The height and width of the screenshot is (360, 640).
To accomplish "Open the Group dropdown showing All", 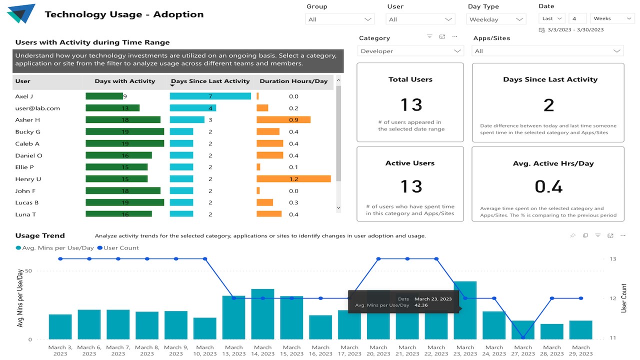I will (x=339, y=19).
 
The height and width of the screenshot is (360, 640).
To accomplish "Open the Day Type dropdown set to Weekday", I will (x=496, y=19).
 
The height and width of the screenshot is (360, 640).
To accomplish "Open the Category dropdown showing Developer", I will (x=410, y=51).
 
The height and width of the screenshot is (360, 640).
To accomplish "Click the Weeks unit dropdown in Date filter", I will (x=612, y=18).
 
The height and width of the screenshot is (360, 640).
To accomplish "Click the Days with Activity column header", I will (x=125, y=81).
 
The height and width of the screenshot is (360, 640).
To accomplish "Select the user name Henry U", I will (x=28, y=179).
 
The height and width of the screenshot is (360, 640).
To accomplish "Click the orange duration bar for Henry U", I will (x=293, y=179).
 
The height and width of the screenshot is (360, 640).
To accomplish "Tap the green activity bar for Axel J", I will (x=104, y=96).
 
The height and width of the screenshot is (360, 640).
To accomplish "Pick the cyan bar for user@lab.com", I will (x=193, y=108).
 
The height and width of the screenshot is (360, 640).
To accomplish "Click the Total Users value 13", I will (x=411, y=104).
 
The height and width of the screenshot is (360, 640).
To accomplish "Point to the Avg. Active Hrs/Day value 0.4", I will (x=548, y=186).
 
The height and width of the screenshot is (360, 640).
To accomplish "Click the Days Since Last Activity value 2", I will (x=548, y=105).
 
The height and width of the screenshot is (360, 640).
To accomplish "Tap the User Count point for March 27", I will (x=523, y=338).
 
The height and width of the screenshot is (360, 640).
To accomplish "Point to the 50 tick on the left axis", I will (x=28, y=271).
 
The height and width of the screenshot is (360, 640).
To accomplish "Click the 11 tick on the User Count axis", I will (x=612, y=338).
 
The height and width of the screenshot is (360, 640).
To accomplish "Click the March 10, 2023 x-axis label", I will (x=205, y=350).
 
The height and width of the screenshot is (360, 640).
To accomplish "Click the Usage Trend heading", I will (x=40, y=235).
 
